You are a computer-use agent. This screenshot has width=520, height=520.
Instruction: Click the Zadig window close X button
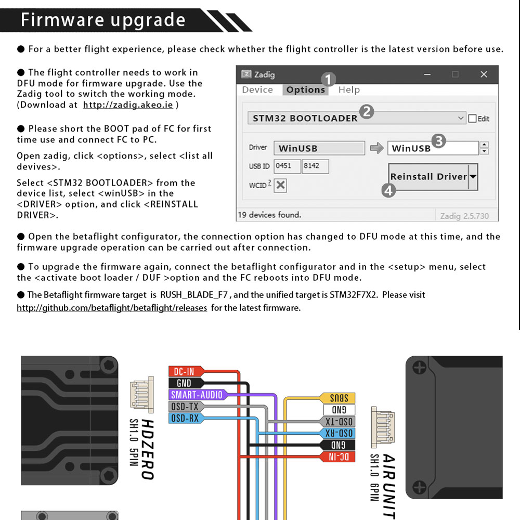coord(484,74)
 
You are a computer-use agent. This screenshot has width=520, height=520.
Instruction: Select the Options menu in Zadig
coord(305,89)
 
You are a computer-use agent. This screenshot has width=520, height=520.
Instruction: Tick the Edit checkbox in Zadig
coord(472,119)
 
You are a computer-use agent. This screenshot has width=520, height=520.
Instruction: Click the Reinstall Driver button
coord(433,177)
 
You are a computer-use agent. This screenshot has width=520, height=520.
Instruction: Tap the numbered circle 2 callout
coord(367,111)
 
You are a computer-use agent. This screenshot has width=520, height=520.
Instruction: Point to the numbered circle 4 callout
coord(388,190)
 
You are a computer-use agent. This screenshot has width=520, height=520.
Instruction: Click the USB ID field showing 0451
coord(287,166)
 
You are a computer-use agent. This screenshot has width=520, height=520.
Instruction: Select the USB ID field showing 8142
coord(315,166)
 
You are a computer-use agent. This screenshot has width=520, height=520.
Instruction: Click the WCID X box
coord(280,185)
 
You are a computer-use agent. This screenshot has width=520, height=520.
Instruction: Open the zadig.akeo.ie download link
coord(128,105)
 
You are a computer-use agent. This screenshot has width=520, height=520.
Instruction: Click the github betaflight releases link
coord(112,308)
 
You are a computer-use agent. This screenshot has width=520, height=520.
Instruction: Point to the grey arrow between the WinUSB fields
coord(376,148)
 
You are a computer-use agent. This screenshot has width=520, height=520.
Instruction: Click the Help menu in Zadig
coord(349,89)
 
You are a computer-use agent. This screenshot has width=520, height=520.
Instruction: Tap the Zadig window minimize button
coord(427,74)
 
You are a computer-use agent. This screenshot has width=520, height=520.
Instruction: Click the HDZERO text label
coord(147,449)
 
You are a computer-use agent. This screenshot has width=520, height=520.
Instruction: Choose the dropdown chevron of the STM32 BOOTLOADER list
coord(460,118)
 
